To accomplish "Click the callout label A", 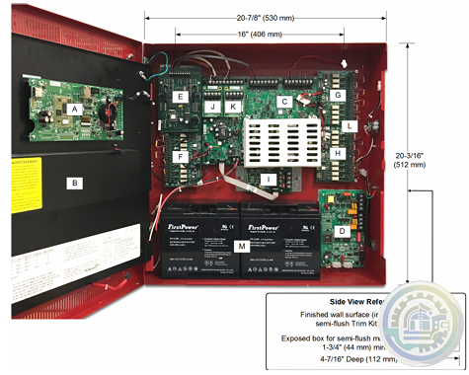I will point(73,111).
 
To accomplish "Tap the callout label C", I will point(283,101).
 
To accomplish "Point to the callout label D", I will point(341,231).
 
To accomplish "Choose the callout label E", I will point(182,97).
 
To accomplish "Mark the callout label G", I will point(337,95).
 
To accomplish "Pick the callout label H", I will point(337,154).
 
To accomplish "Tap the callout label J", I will point(212,106).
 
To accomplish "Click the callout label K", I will point(234,106).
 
